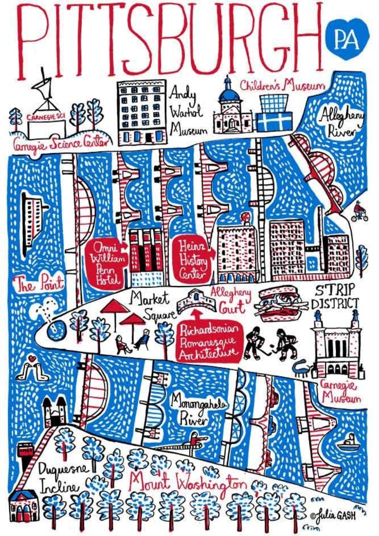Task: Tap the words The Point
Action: click(40, 283)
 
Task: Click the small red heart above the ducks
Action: click(33, 358)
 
